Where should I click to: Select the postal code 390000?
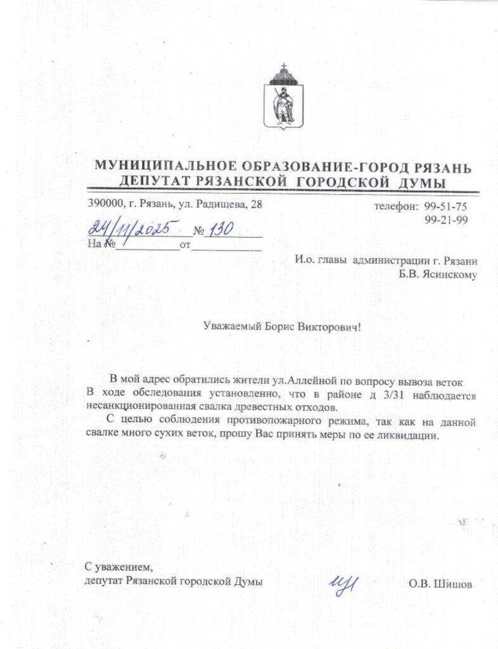click(x=104, y=205)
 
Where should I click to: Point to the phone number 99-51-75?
click(x=445, y=207)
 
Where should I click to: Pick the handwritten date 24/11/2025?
click(x=130, y=228)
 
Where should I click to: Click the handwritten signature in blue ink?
click(x=342, y=581)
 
